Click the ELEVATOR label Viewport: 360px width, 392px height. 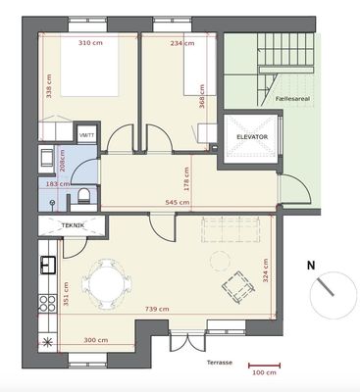(x=252, y=137)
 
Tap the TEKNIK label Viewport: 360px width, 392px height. (x=73, y=225)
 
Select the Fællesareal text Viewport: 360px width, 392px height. (x=292, y=99)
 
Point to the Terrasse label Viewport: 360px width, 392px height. (x=220, y=363)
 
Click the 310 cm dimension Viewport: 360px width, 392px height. (x=90, y=43)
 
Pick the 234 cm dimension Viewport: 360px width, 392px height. (x=182, y=43)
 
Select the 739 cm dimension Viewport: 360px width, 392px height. (x=157, y=309)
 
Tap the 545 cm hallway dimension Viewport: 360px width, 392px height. (x=178, y=203)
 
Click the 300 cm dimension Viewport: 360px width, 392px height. (x=96, y=340)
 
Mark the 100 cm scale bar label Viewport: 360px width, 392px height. (x=264, y=372)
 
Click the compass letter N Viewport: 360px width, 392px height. (x=311, y=266)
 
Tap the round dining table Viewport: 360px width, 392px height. (x=107, y=284)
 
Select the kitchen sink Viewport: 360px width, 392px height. (x=48, y=265)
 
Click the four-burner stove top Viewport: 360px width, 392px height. (x=48, y=303)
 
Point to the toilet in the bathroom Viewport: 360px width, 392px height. (x=84, y=196)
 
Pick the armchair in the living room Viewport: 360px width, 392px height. (x=238, y=287)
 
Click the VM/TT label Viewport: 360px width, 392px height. (x=87, y=135)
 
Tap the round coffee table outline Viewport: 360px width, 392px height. (x=221, y=261)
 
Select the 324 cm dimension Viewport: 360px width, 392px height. (x=265, y=270)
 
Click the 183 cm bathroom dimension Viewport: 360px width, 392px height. (x=57, y=184)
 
